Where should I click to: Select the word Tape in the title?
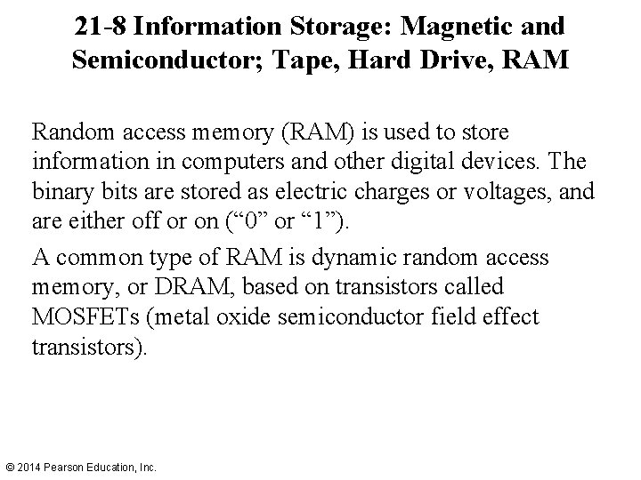311,63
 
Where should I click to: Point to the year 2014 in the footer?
29,466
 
